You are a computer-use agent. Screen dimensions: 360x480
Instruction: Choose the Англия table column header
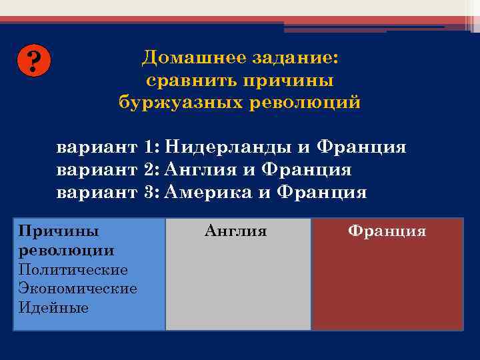[235, 231]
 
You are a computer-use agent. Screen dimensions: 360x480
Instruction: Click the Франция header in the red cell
[387, 231]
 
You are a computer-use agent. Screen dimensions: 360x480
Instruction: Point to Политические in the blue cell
[73, 270]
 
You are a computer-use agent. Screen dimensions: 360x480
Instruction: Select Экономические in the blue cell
[78, 289]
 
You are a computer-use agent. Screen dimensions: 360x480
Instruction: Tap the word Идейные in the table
[54, 307]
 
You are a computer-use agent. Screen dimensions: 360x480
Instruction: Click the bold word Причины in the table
[59, 231]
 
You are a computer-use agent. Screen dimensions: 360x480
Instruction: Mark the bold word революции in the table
[67, 251]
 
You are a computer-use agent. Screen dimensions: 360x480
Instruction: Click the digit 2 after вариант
[147, 170]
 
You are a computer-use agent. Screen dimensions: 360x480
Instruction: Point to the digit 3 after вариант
[147, 193]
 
